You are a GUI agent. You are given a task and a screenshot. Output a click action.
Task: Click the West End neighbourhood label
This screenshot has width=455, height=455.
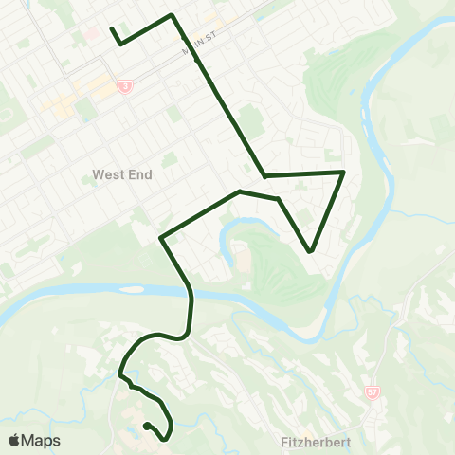pos(122,174)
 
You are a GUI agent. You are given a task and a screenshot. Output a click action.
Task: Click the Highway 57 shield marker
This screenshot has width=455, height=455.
pos(373,391)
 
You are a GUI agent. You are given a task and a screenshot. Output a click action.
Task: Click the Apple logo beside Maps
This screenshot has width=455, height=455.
pos(14,440)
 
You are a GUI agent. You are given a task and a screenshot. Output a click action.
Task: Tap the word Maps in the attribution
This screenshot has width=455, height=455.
pos(42,440)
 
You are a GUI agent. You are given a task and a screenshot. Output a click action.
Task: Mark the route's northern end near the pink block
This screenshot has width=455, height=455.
pos(112,28)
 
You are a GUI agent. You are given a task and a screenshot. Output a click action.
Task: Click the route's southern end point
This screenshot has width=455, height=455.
pos(146,426)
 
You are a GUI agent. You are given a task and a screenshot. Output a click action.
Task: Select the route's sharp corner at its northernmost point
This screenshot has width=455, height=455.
pos(171,15)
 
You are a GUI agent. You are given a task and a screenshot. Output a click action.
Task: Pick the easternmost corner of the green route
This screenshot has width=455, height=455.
pos(342,172)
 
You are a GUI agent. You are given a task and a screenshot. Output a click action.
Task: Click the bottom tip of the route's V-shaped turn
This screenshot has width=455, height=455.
pos(311,252)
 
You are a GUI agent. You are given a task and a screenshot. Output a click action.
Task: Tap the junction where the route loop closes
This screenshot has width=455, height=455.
pos(264,175)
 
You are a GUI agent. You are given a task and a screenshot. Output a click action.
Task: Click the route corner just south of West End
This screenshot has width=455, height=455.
pos(162,237)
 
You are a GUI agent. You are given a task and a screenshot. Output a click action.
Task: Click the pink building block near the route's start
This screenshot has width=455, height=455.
pos(93,33)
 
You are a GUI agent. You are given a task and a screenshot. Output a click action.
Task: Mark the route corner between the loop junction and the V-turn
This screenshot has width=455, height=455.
pos(278,199)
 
